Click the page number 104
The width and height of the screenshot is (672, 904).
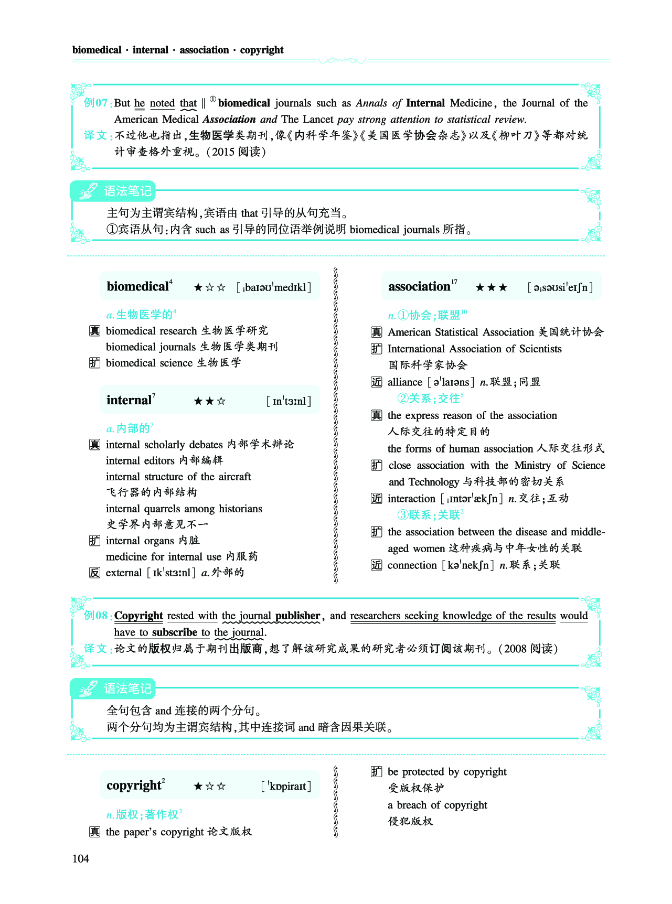point(81,858)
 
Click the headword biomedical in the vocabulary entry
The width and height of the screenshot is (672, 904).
point(137,286)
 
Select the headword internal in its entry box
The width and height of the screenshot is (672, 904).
point(129,400)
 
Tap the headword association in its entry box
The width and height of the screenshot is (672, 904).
point(419,286)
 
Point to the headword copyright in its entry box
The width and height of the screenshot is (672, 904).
point(134,785)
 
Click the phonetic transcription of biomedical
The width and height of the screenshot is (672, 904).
point(274,287)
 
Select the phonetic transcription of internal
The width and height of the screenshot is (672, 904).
point(289,401)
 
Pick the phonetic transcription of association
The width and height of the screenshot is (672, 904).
point(560,287)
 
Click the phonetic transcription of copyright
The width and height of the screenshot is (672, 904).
point(286,786)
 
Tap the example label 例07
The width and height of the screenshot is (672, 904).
point(97,103)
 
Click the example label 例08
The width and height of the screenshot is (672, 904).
point(97,616)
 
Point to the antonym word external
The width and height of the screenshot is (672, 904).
point(124,573)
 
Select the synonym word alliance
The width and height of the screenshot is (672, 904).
point(405,382)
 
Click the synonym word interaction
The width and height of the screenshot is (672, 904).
point(411,499)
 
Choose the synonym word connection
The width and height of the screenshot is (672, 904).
point(412,565)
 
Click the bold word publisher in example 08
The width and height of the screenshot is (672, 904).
point(297,616)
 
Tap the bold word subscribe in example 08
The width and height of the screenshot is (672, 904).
point(174,632)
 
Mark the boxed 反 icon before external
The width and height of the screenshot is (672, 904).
point(94,573)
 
